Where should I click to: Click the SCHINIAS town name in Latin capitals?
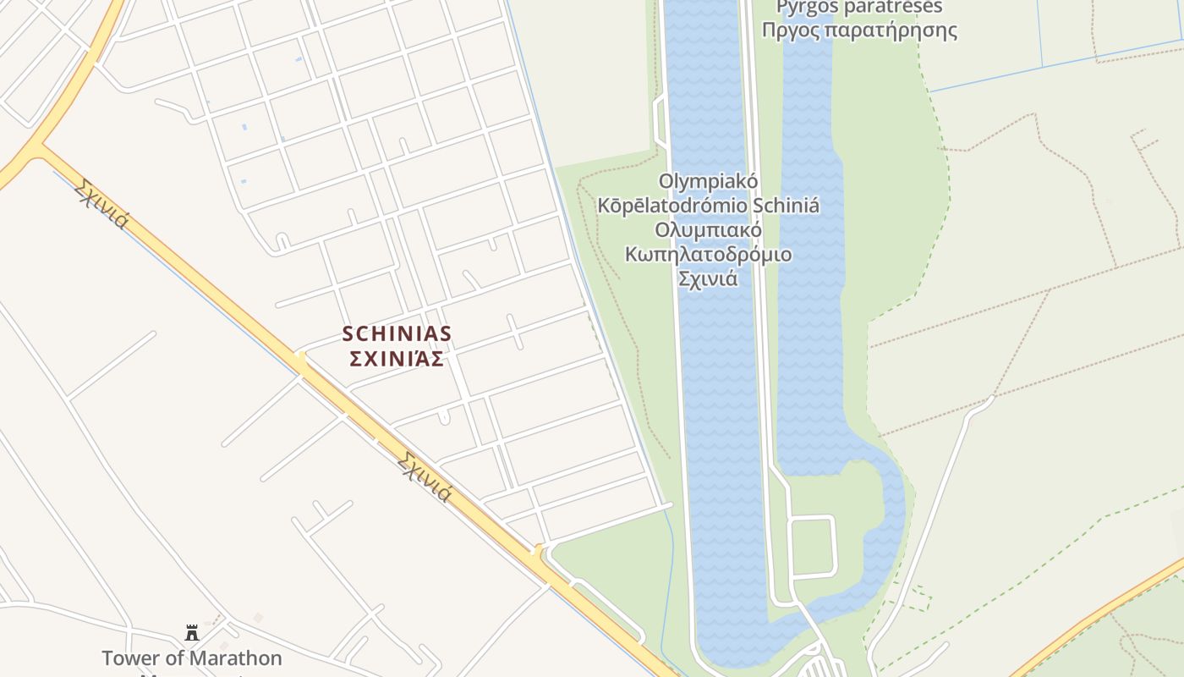click(x=397, y=334)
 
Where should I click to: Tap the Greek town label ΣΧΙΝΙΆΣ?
click(x=397, y=359)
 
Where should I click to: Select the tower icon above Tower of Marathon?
click(x=192, y=632)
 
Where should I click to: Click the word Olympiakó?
click(x=708, y=181)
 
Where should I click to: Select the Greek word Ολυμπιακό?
click(x=708, y=230)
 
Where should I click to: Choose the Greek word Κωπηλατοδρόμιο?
click(x=708, y=254)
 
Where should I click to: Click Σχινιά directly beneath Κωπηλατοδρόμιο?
click(x=708, y=278)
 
